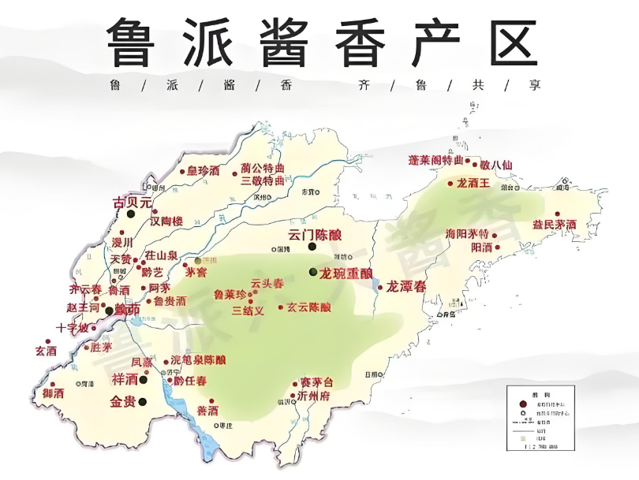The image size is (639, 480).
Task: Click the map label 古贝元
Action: [132, 203]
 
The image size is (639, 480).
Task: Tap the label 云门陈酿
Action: [316, 234]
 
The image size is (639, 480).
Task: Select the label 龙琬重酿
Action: [345, 273]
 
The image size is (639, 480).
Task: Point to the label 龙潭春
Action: [405, 286]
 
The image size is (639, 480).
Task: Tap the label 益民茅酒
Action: [554, 225]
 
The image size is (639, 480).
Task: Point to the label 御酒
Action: [54, 393]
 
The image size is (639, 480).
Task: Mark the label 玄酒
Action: [46, 351]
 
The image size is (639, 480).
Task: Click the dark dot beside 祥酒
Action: [144, 379]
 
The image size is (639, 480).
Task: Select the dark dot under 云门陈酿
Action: [312, 247]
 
